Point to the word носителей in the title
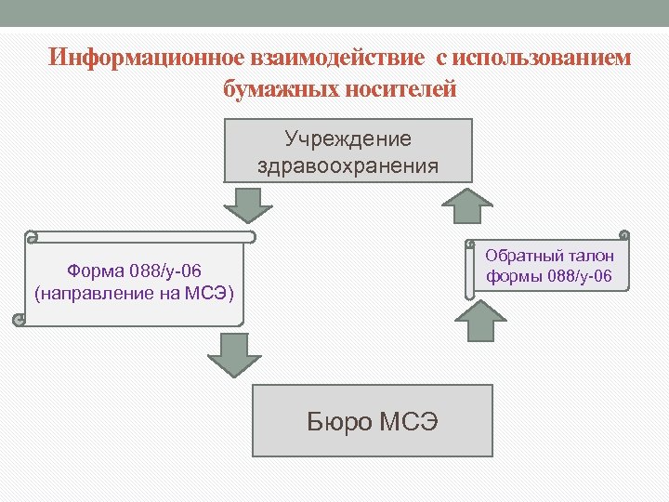402,90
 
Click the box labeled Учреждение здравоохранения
348,150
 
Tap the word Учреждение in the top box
348,139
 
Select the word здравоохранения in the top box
348,166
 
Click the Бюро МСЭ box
373,422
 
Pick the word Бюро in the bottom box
340,423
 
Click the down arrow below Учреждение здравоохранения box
247,205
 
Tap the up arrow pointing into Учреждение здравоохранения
466,205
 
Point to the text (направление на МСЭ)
135,294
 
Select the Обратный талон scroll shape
548,265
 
